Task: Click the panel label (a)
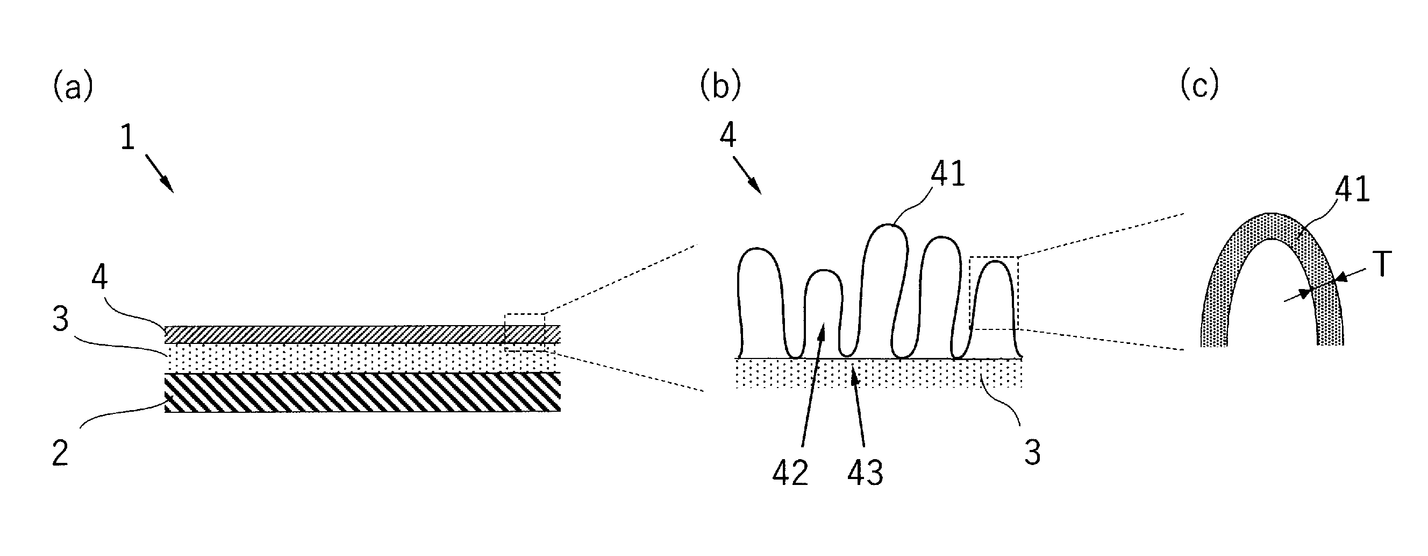73,87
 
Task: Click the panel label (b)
720,87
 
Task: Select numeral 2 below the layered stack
60,453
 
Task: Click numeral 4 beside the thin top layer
99,277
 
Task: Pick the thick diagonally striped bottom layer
362,392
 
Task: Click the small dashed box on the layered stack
525,333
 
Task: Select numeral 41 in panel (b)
948,173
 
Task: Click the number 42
790,473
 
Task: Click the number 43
865,473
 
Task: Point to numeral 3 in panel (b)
1032,453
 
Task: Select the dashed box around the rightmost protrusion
994,293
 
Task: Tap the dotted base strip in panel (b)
879,372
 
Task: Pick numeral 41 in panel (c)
1353,189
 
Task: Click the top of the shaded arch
1272,213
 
